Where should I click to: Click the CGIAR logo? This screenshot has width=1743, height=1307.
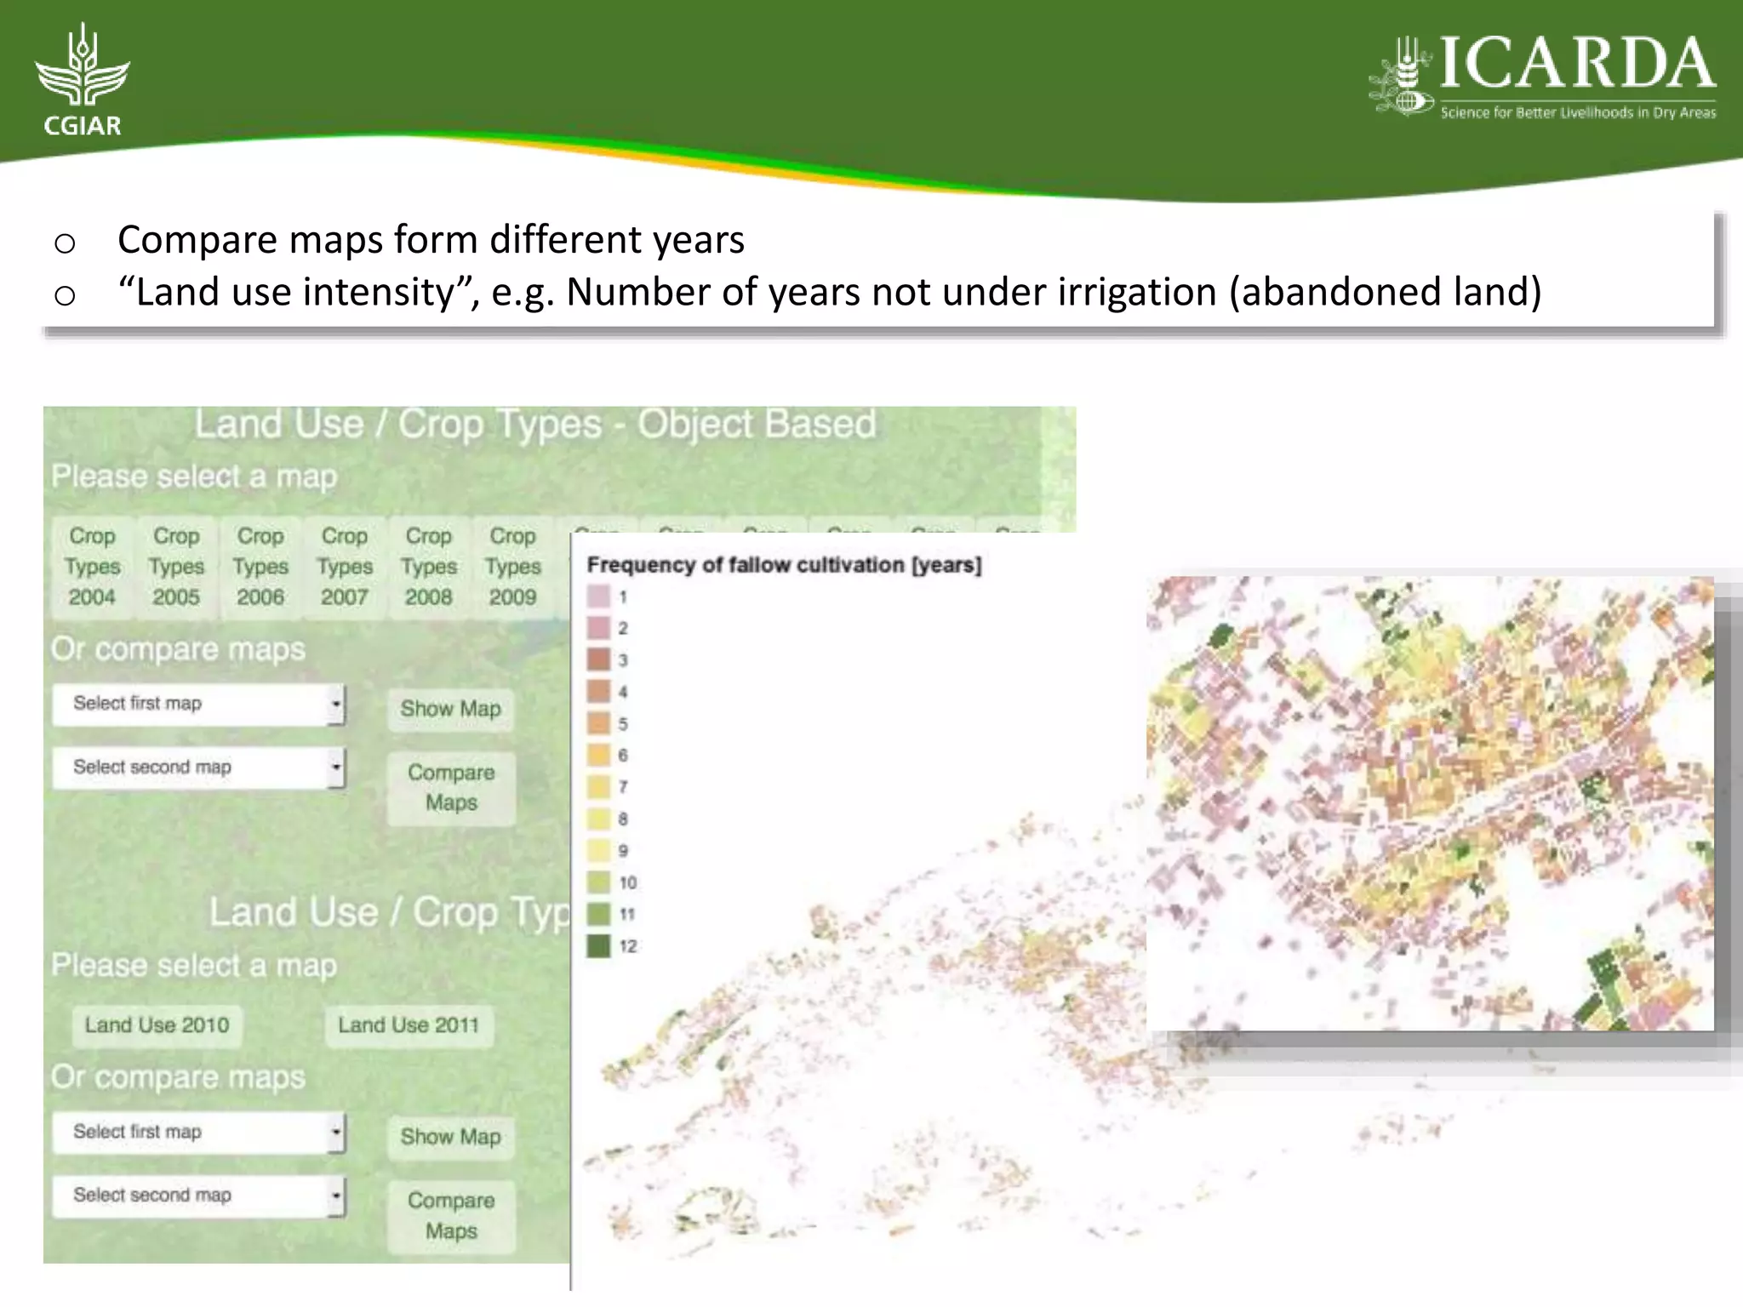[x=83, y=81]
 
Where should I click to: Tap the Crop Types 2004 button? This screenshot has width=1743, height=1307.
[x=92, y=566]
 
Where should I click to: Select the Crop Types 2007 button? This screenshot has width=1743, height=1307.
[x=345, y=566]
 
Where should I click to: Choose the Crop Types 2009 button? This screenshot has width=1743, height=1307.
[x=512, y=566]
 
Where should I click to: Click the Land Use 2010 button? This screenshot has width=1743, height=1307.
[x=157, y=1025]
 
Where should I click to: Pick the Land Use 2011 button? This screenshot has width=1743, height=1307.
[x=409, y=1025]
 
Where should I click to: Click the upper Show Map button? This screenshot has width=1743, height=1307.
[x=450, y=709]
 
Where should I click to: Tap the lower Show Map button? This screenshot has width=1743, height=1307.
[x=450, y=1137]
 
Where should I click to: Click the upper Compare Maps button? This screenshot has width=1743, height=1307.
[x=451, y=787]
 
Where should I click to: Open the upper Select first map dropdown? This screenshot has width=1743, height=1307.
[x=198, y=705]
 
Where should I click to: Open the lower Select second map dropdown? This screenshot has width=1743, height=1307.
[x=198, y=1196]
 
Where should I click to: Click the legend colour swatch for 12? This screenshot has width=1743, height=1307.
[x=598, y=945]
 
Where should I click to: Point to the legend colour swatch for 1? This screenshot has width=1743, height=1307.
[x=598, y=596]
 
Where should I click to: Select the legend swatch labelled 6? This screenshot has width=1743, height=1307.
[x=598, y=755]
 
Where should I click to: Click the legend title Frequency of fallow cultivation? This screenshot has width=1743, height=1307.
[x=783, y=565]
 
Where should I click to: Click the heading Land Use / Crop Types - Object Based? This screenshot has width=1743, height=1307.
[x=534, y=424]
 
